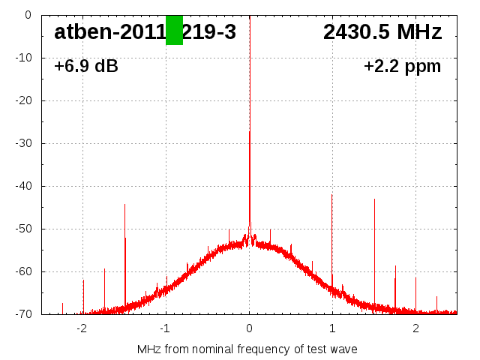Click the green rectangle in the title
pos(174,30)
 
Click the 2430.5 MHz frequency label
pos(382,31)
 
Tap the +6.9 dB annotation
pos(85,67)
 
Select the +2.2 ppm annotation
pos(402,67)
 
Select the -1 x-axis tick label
pos(164,328)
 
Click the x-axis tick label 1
pos(332,328)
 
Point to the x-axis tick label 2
pos(415,328)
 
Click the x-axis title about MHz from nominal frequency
pos(247,349)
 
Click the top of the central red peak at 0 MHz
pos(249,133)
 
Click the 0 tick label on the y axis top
pos(27,15)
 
